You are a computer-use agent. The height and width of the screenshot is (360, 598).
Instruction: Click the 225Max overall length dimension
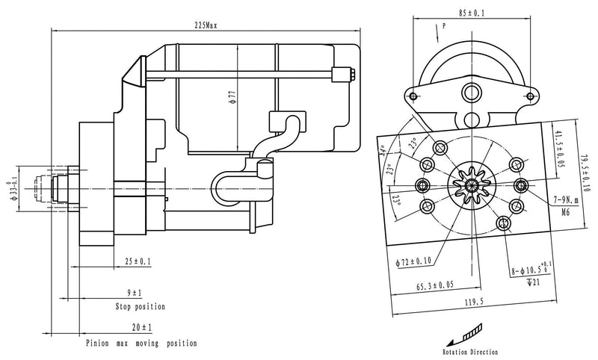[206, 25]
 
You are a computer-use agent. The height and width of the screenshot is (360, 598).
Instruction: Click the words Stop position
[140, 307]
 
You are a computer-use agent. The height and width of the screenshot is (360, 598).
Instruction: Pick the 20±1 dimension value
[140, 328]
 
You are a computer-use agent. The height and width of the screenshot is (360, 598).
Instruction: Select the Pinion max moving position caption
[141, 344]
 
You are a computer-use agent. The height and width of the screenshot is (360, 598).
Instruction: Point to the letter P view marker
[444, 26]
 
